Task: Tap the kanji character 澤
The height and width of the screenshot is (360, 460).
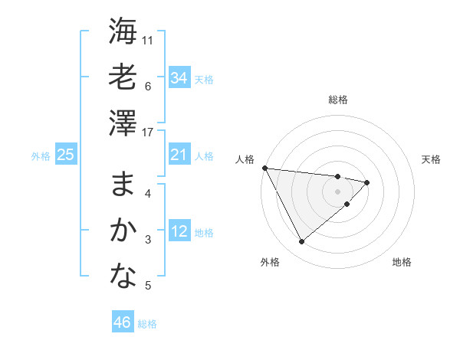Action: pyautogui.click(x=123, y=123)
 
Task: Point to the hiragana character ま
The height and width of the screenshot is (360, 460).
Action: pyautogui.click(x=123, y=185)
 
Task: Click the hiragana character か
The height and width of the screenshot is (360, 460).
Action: pyautogui.click(x=123, y=231)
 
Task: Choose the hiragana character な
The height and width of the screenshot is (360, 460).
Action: pyautogui.click(x=123, y=277)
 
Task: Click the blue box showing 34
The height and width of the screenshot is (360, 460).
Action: pyautogui.click(x=179, y=77)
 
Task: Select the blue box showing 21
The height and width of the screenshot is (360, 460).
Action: pyautogui.click(x=179, y=155)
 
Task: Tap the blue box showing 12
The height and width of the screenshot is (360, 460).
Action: pyautogui.click(x=179, y=232)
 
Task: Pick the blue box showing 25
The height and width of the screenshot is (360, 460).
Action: pyautogui.click(x=65, y=155)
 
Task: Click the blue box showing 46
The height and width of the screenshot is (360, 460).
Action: pyautogui.click(x=122, y=322)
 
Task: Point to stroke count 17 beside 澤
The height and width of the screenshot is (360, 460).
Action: pyautogui.click(x=149, y=133)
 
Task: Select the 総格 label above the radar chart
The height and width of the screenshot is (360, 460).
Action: pyautogui.click(x=337, y=100)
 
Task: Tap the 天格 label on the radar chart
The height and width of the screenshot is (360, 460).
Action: pyautogui.click(x=432, y=159)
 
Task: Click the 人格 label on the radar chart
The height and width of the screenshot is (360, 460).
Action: pyautogui.click(x=245, y=159)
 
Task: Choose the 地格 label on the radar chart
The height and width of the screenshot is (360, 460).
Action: pyautogui.click(x=402, y=262)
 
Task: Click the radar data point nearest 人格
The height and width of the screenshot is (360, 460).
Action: pyautogui.click(x=264, y=168)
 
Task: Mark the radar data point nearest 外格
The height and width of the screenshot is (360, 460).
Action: pyautogui.click(x=301, y=241)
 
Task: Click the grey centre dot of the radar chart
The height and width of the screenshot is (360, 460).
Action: pyautogui.click(x=337, y=191)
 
